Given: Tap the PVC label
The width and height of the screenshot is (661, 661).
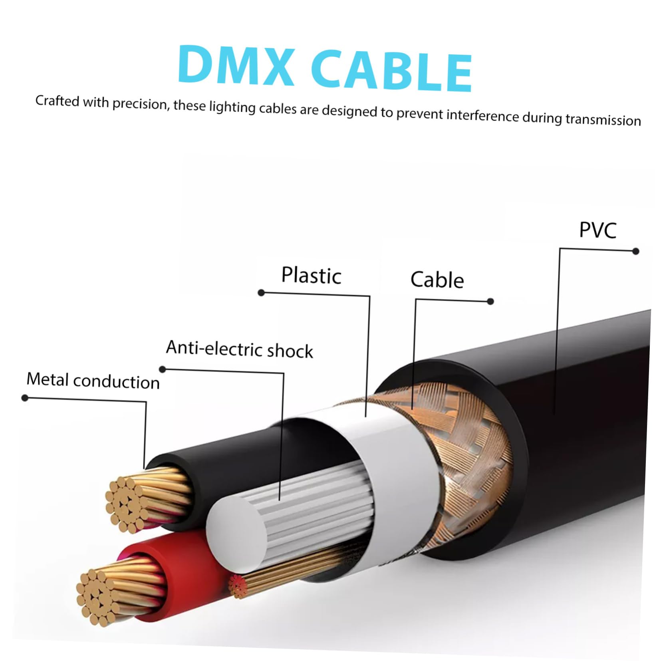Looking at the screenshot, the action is click(597, 230).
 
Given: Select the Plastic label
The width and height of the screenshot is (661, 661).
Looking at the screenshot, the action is click(311, 275).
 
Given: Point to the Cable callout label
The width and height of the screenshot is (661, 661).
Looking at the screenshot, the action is click(437, 279).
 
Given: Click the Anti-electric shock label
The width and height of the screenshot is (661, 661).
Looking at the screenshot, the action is click(240, 349).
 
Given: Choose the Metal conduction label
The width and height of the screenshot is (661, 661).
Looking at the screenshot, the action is click(93, 380).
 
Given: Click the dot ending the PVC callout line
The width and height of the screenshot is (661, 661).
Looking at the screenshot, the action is click(636, 251).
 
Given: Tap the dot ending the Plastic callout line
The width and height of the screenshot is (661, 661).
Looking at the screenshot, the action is click(261, 293).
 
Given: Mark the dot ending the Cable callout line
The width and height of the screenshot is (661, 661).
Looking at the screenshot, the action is click(490, 301).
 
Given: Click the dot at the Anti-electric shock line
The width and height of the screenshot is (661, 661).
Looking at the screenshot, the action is click(163, 369).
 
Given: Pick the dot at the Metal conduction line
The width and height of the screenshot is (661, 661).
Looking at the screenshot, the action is click(25, 398).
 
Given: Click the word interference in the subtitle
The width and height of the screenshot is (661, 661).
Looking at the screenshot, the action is click(482, 115).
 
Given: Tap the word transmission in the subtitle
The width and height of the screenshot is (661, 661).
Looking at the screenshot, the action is click(603, 119).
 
